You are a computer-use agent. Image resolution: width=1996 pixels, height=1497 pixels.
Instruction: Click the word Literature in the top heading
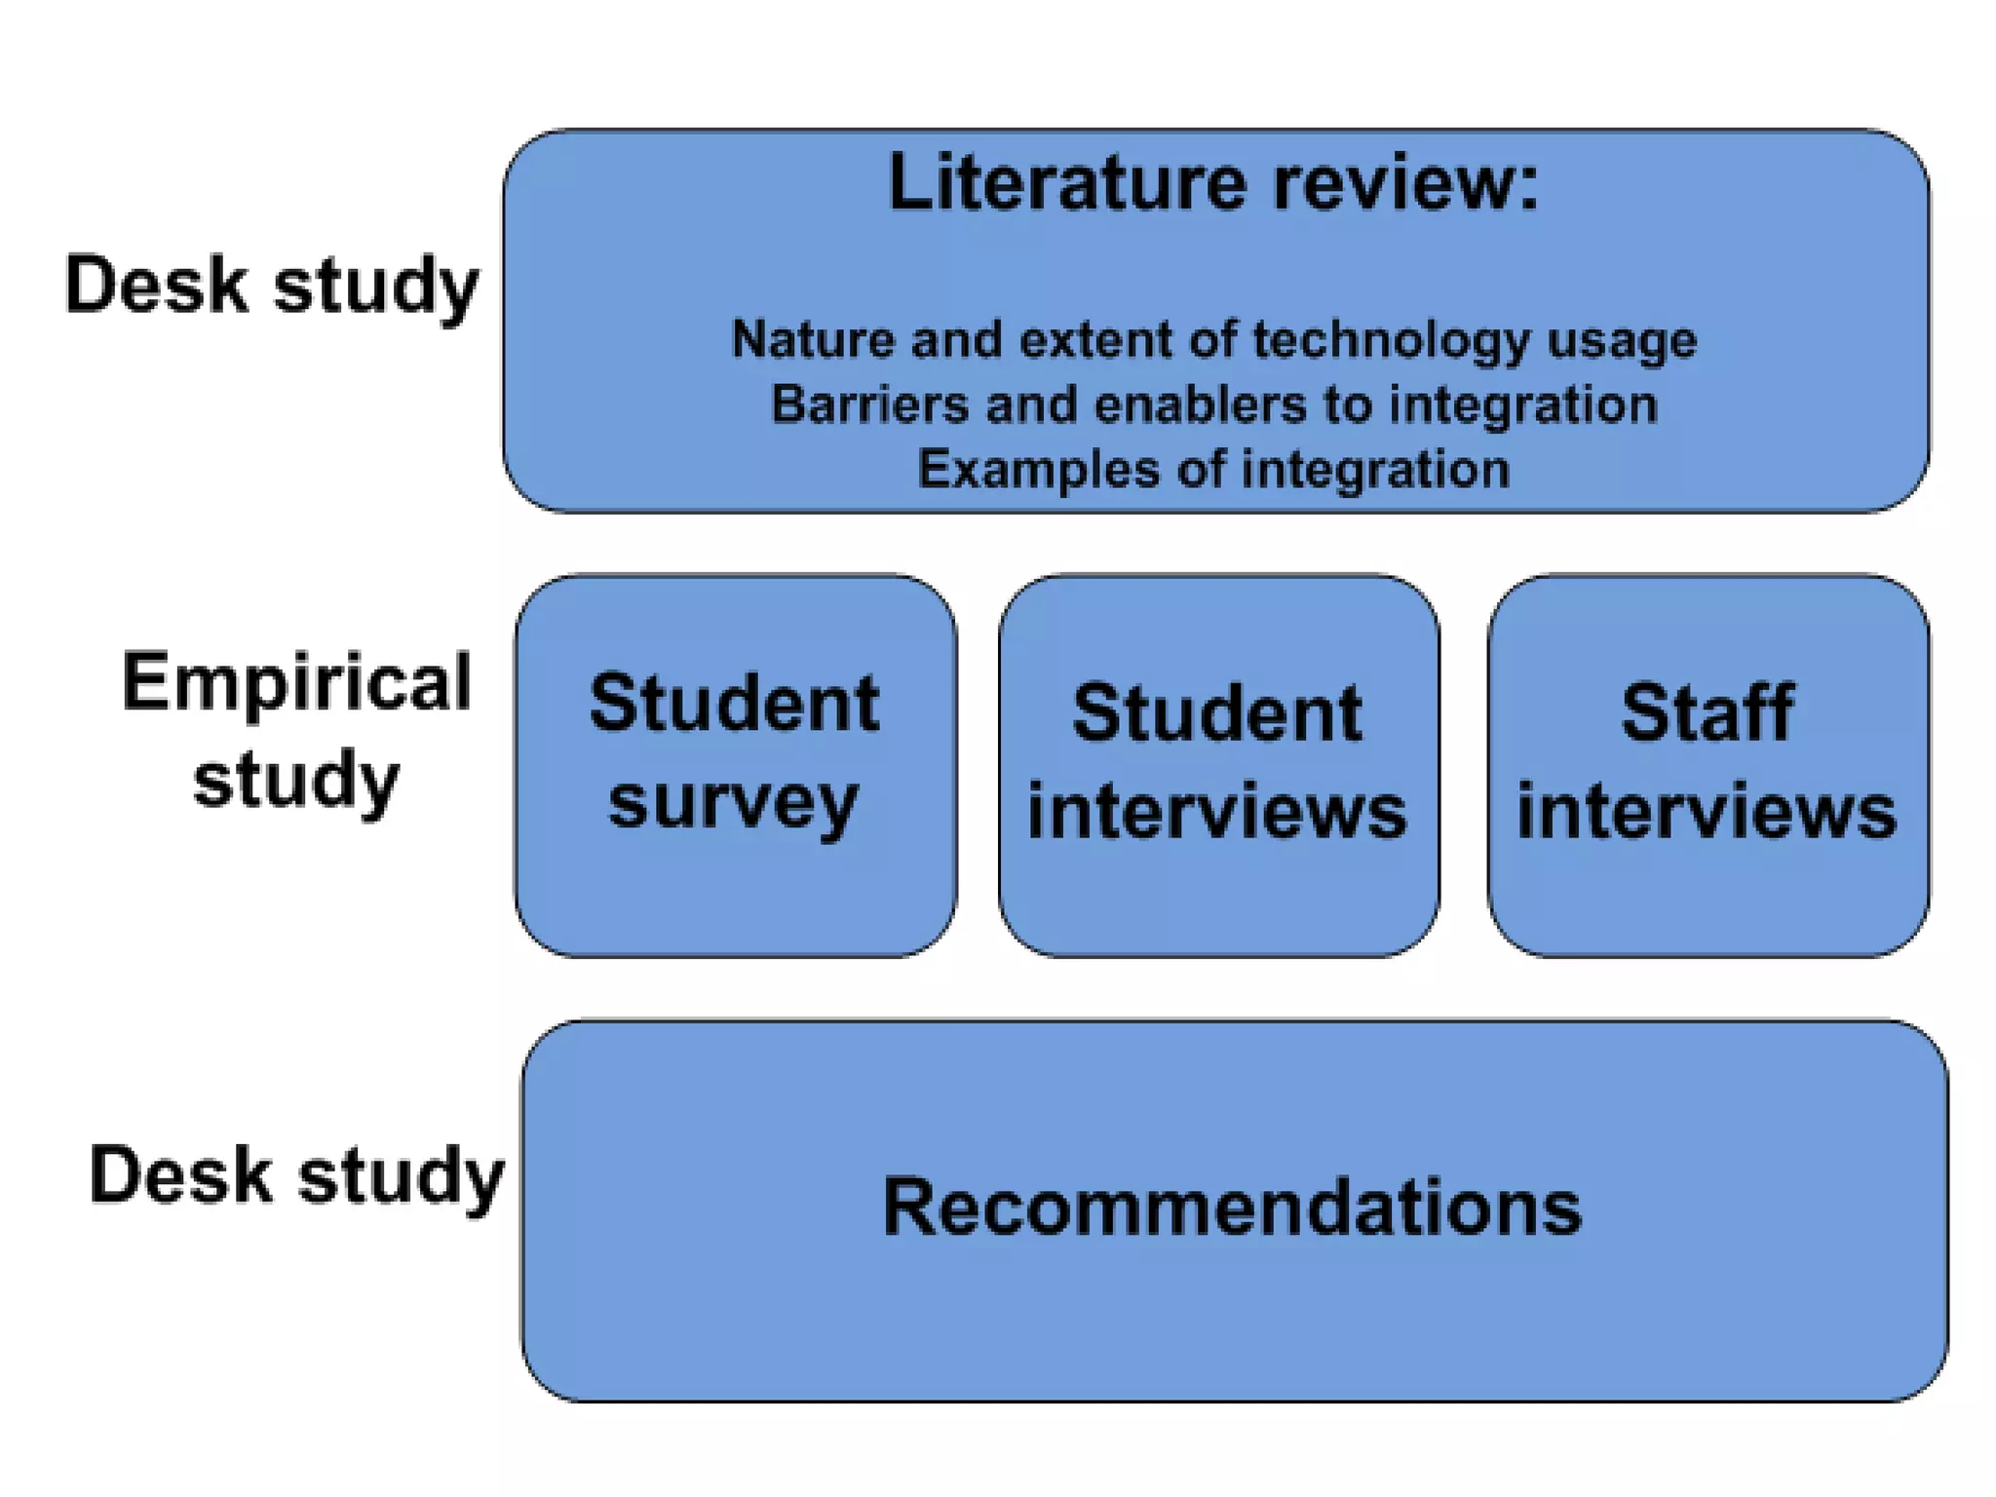pyautogui.click(x=1067, y=182)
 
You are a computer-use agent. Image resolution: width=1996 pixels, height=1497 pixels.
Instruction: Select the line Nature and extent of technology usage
pyautogui.click(x=1213, y=340)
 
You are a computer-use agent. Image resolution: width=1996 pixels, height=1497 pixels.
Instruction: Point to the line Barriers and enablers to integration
pyautogui.click(x=1213, y=404)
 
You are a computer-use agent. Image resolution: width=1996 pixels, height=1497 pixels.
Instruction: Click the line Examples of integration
pyautogui.click(x=1213, y=470)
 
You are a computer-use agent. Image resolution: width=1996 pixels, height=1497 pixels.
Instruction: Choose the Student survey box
pyautogui.click(x=735, y=765)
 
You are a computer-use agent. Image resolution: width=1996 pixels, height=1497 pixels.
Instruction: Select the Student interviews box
pyautogui.click(x=1218, y=765)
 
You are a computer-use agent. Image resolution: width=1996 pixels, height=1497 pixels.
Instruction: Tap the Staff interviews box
pyautogui.click(x=1708, y=765)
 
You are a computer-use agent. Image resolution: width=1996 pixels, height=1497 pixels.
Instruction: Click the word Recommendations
pyautogui.click(x=1232, y=1207)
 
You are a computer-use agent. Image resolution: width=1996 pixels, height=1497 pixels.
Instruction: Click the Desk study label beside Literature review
pyautogui.click(x=272, y=285)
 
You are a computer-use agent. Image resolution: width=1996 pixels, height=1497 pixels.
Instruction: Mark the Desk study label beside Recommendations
pyautogui.click(x=296, y=1174)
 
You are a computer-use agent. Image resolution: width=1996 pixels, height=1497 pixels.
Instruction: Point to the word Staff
pyautogui.click(x=1708, y=712)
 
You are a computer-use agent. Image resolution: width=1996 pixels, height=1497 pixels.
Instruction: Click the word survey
pyautogui.click(x=733, y=804)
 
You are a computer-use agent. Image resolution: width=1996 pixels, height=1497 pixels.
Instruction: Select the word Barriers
pyautogui.click(x=869, y=404)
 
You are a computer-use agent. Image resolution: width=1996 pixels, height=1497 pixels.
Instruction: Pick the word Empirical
pyautogui.click(x=296, y=681)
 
